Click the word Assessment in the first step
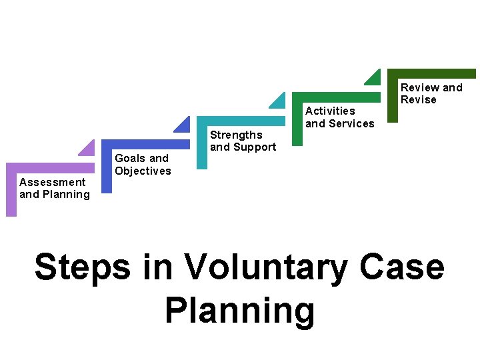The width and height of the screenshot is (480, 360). tap(53, 182)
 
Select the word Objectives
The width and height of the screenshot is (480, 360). tap(143, 171)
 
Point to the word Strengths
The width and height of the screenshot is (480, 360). tap(236, 135)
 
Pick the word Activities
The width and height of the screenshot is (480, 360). tap(330, 111)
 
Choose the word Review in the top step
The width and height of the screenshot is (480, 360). tap(419, 87)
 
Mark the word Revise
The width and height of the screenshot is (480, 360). tap(418, 100)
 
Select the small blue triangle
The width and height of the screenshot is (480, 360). tap(183, 125)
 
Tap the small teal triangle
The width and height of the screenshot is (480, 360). tap(278, 101)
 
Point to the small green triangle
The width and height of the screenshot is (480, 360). tap(374, 77)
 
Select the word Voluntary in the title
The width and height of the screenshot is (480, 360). tap(267, 268)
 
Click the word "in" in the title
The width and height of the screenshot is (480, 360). tap(157, 268)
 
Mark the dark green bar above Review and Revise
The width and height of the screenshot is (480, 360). tap(432, 73)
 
